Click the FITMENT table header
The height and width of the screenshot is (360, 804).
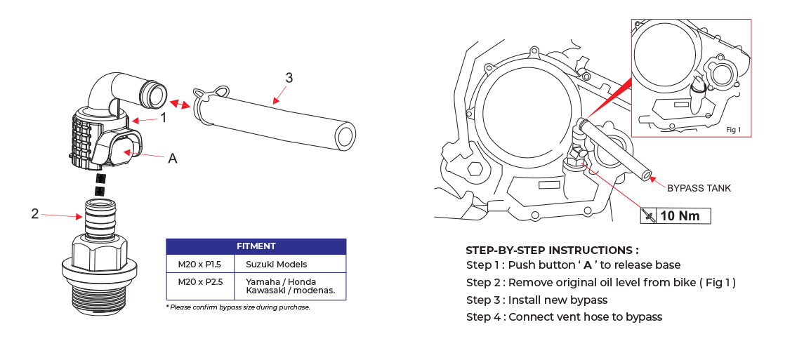[256, 246]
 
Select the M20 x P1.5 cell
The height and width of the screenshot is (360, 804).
[199, 265]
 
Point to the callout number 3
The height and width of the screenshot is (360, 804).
[289, 78]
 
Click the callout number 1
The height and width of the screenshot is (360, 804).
[163, 118]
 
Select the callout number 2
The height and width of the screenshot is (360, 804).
[35, 214]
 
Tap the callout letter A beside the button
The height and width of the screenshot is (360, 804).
[172, 159]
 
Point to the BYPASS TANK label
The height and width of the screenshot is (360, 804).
[699, 188]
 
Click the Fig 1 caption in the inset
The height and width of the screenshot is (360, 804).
[733, 130]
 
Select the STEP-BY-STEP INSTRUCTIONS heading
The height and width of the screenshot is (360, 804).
[552, 250]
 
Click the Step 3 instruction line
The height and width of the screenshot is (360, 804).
[536, 300]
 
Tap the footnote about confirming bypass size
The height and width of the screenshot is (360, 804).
[238, 307]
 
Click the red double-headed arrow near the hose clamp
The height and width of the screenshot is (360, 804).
[182, 105]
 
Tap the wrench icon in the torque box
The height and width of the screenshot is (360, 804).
[649, 216]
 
